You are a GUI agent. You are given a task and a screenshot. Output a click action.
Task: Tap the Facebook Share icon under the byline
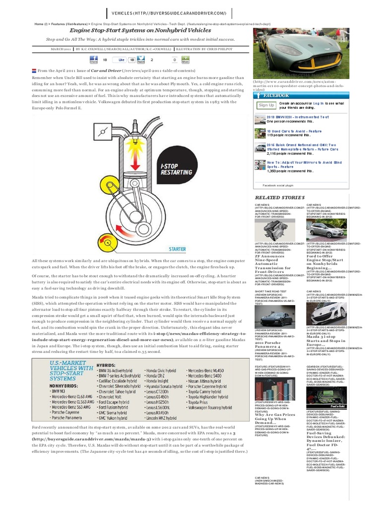pyautogui.click(x=93, y=60)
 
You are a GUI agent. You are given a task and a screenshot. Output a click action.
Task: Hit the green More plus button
pyautogui.click(x=186, y=60)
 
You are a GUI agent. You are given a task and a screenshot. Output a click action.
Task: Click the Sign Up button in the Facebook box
pyautogui.click(x=266, y=105)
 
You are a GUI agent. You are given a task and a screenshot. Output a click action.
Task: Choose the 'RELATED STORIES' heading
pyautogui.click(x=278, y=197)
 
